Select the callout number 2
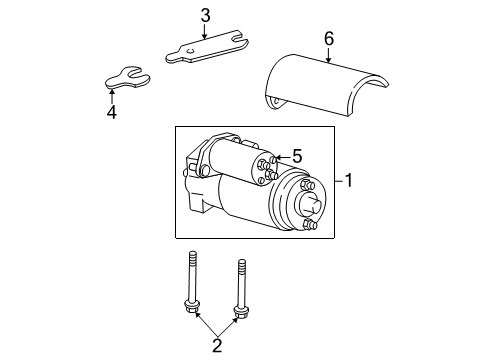click(x=215, y=346)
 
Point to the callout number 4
click(x=111, y=113)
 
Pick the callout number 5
click(x=295, y=157)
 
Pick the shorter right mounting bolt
click(x=239, y=289)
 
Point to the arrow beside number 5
click(x=279, y=157)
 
